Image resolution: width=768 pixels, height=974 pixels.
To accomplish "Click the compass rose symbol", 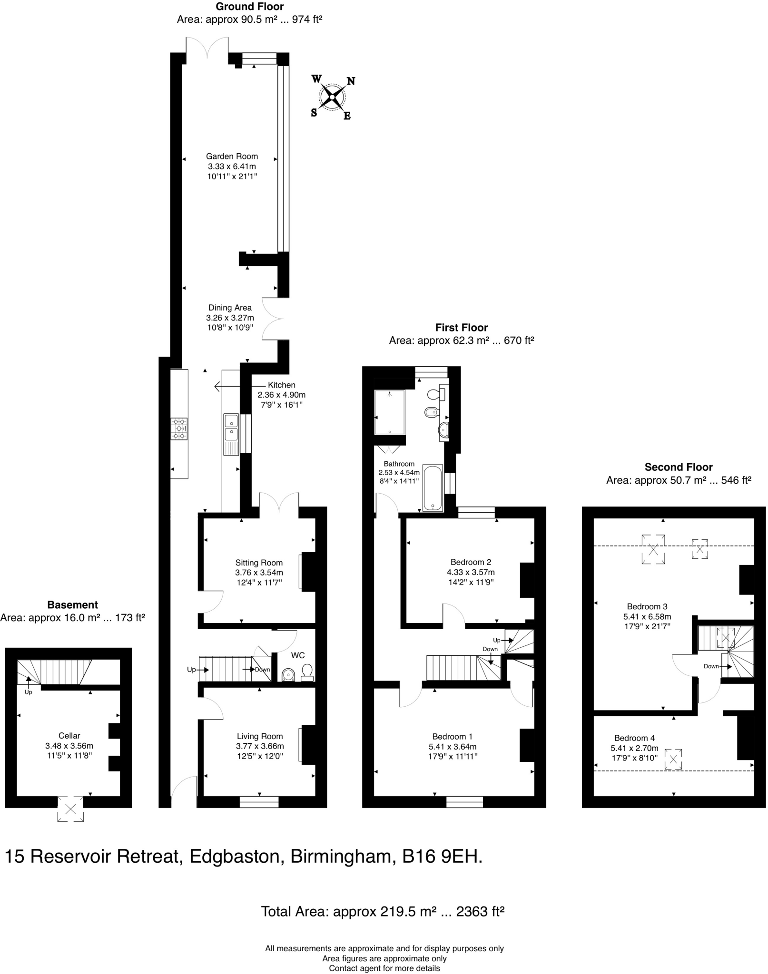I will (332, 97).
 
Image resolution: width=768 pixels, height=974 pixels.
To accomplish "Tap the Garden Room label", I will (232, 156).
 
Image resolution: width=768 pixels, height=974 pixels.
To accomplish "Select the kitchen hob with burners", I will (179, 429).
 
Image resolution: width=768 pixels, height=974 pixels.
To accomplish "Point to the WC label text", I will (298, 655).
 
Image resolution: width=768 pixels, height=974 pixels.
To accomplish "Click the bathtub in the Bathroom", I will (433, 488).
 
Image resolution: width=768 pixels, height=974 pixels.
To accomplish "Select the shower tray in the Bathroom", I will (389, 412).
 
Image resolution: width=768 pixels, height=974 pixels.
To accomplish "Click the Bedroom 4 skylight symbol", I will (673, 759).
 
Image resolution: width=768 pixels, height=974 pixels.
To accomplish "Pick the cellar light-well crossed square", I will (70, 808).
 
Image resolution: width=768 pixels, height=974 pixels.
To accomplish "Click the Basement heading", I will (72, 605).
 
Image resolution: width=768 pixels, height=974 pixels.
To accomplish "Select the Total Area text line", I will (382, 911).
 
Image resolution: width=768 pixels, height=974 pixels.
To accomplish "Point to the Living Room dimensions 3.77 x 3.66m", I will (260, 746).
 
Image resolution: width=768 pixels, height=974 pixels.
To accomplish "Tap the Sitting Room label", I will (259, 563).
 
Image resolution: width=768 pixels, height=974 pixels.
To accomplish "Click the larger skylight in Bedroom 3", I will (653, 549).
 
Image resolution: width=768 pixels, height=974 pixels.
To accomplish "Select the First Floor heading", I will (461, 328).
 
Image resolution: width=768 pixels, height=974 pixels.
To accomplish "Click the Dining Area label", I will (230, 308).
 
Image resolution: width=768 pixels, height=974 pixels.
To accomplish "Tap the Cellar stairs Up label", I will (28, 692).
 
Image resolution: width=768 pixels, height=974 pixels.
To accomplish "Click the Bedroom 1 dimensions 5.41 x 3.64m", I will (452, 747).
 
